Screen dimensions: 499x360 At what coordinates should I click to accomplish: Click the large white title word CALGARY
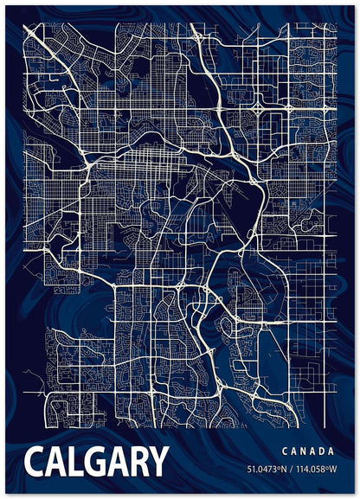click(96, 462)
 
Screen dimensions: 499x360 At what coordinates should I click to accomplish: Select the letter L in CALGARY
click(74, 462)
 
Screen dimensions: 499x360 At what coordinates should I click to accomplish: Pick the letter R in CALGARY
click(137, 462)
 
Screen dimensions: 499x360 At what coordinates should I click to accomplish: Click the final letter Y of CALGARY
click(157, 462)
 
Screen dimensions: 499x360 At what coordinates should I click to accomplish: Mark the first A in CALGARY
click(55, 462)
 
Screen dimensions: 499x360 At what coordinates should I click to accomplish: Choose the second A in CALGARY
click(116, 462)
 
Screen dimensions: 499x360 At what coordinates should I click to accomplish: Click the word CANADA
click(307, 451)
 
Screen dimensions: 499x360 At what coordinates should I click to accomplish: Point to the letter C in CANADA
click(284, 451)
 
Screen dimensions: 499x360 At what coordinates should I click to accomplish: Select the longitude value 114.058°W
click(315, 470)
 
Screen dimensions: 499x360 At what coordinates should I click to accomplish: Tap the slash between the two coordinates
click(292, 470)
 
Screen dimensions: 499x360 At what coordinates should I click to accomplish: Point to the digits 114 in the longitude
click(303, 470)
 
